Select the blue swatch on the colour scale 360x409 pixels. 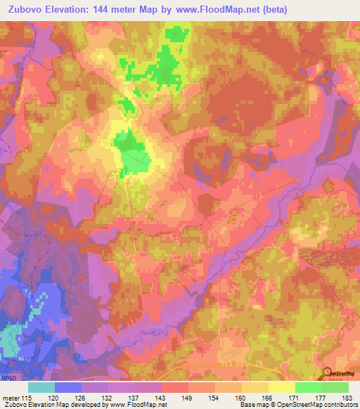pos(68,387)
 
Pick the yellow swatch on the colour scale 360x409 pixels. pos(282,387)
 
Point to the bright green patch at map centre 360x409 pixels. pos(130,152)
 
